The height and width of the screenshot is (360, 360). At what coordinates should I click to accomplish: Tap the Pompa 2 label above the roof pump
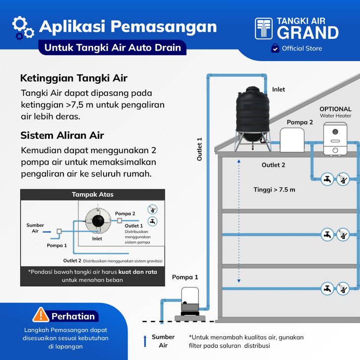300,122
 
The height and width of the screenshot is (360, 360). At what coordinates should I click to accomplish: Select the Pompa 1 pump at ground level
188,300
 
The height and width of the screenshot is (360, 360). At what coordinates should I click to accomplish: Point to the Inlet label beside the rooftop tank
278,90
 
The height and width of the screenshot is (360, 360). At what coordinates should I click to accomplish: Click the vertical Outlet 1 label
200,149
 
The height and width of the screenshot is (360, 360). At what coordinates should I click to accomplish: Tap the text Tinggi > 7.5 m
274,189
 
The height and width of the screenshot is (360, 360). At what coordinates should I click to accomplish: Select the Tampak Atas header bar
92,194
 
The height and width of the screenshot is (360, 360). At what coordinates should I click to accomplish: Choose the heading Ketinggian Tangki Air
73,78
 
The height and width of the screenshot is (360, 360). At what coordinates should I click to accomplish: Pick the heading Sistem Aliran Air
62,135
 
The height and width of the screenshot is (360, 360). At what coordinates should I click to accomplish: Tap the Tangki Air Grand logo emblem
264,29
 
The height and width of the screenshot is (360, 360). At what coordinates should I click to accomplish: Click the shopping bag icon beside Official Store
275,49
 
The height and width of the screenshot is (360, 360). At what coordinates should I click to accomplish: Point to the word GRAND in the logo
307,33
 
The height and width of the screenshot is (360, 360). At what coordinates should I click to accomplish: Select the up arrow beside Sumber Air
145,341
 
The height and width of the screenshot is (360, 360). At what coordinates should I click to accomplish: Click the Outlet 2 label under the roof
273,165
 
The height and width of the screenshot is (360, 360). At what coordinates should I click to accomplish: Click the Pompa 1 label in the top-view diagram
57,245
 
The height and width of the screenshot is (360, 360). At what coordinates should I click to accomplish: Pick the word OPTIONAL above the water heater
335,109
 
